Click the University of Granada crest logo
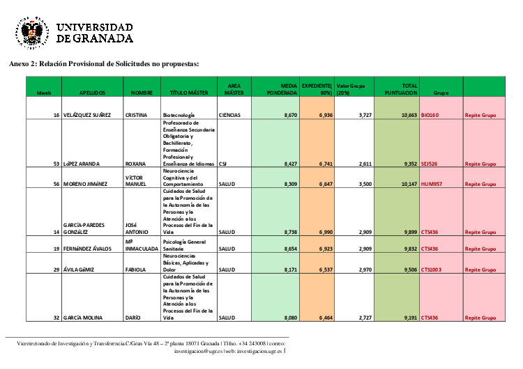[x=31, y=31]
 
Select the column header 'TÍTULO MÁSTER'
[x=189, y=92]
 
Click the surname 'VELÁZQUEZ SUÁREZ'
[x=86, y=114]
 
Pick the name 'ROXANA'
[x=135, y=164]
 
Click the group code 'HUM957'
[x=433, y=184]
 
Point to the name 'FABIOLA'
[x=137, y=269]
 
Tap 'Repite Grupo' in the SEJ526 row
[x=480, y=164]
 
